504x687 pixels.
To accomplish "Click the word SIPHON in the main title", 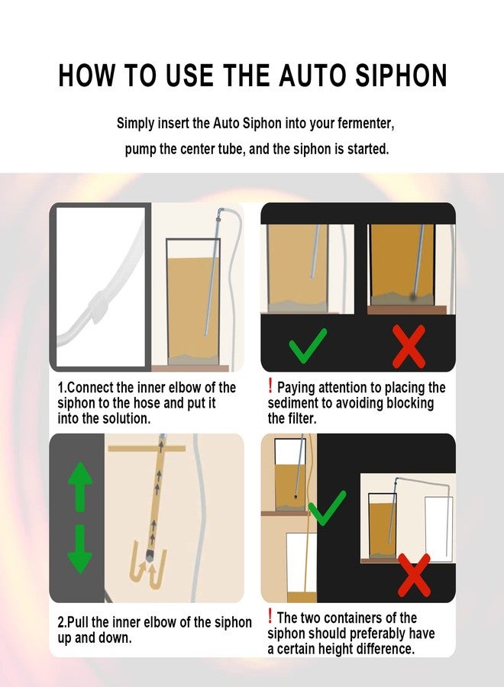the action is pyautogui.click(x=401, y=76).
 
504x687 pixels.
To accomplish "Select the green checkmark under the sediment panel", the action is pyautogui.click(x=308, y=346).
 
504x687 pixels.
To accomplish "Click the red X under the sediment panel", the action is pyautogui.click(x=409, y=346).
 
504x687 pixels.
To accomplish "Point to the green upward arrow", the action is pyautogui.click(x=80, y=487).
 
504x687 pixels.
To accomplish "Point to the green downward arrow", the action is pyautogui.click(x=80, y=550).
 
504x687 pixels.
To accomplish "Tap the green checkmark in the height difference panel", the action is pyautogui.click(x=327, y=508).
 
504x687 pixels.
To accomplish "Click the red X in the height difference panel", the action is pyautogui.click(x=414, y=576).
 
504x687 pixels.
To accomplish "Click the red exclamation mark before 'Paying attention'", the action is pyautogui.click(x=270, y=386).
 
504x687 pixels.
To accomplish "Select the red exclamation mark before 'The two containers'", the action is pyautogui.click(x=270, y=616).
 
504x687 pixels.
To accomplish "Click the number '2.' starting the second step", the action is pyautogui.click(x=62, y=622).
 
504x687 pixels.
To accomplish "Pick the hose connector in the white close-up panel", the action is pyautogui.click(x=99, y=305).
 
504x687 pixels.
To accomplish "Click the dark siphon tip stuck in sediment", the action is pyautogui.click(x=413, y=297).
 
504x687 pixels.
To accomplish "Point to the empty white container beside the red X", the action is pyautogui.click(x=438, y=529).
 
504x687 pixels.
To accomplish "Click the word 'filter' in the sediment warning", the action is pyautogui.click(x=302, y=418).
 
